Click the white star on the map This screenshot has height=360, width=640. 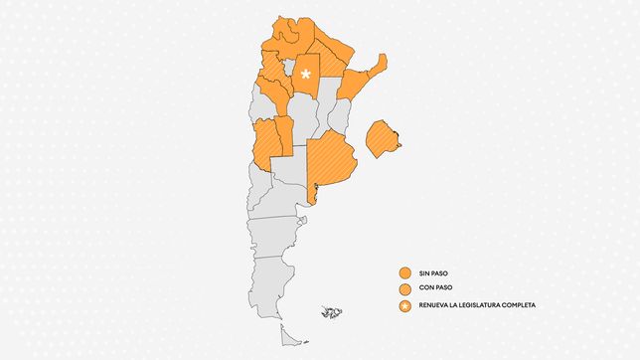[x=306, y=73]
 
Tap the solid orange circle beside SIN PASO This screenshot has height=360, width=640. [x=404, y=271]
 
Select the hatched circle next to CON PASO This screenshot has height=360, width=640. [x=404, y=287]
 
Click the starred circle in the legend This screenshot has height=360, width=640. [x=404, y=304]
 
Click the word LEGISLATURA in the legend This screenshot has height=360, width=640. [x=474, y=304]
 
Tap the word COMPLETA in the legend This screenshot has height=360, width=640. [x=517, y=304]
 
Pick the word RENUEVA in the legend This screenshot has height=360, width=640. [x=435, y=304]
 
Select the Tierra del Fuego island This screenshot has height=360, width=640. [x=290, y=335]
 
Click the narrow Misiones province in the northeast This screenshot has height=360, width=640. [x=377, y=66]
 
